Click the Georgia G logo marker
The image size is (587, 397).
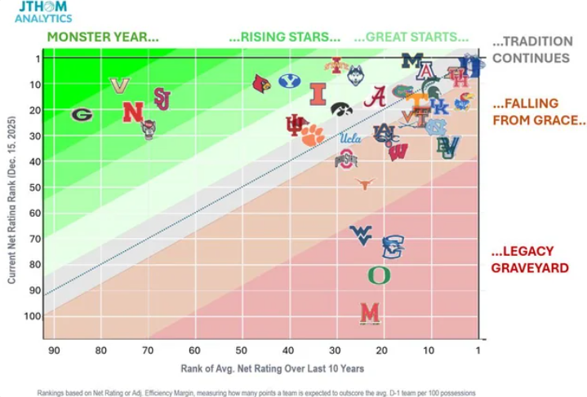pos(81,115)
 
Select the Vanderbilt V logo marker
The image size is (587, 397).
pos(120,85)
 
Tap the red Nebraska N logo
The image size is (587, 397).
pos(132,111)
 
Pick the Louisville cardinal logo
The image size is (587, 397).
pos(261,83)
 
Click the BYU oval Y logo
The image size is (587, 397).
pos(289,81)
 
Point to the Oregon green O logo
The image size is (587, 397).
pos(378,275)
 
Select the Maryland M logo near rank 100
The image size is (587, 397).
pos(370,312)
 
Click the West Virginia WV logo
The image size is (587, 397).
pos(361,236)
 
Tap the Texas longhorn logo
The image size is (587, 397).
pos(365,184)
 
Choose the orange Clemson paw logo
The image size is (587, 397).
pos(312,135)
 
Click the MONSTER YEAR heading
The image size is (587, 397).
pos(103,37)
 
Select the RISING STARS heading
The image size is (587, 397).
pos(284,37)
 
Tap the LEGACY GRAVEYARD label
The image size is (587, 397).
pos(530,258)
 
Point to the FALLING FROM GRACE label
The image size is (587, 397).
pos(540,112)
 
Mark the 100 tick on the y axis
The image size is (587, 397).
pos(32,315)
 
